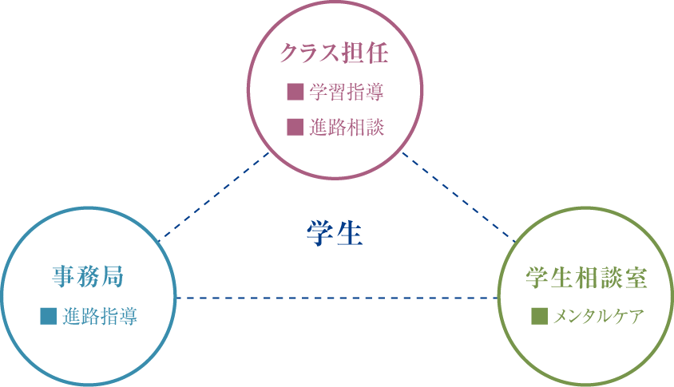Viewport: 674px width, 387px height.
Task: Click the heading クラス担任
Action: click(334, 53)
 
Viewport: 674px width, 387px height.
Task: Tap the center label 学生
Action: click(335, 234)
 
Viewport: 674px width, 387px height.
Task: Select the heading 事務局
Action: click(88, 277)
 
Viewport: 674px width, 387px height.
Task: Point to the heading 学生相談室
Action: click(586, 277)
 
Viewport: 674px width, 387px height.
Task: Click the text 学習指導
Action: click(346, 92)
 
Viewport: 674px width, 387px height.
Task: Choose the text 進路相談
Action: click(346, 126)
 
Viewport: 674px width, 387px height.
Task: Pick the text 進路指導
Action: click(99, 316)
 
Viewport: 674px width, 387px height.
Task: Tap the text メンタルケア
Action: click(597, 316)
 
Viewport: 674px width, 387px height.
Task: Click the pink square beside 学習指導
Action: click(295, 92)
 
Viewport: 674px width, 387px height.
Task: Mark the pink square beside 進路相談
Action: click(295, 126)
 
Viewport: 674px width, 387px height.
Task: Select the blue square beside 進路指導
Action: click(49, 316)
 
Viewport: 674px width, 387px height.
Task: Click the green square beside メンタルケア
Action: click(539, 316)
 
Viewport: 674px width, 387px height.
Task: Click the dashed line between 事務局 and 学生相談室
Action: click(335, 298)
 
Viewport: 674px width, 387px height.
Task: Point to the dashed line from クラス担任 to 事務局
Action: click(214, 195)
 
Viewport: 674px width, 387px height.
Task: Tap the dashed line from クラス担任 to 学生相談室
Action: click(458, 195)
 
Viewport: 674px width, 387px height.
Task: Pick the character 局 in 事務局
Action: click(112, 277)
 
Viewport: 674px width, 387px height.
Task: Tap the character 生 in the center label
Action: click(350, 234)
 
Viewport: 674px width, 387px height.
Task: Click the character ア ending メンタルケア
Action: click(636, 316)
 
